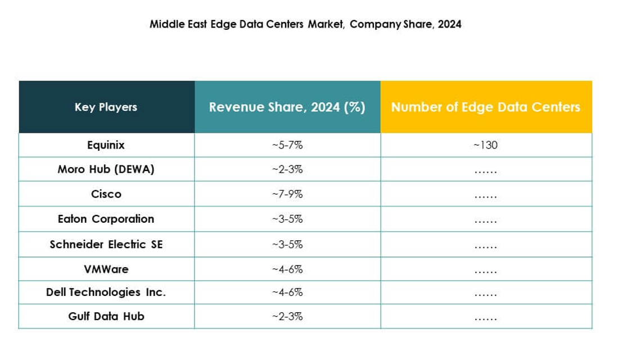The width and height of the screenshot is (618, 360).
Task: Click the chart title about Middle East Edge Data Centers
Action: (x=305, y=25)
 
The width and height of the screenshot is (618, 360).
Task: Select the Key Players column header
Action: (x=106, y=107)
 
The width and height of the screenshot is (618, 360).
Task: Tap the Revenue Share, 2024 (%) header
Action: (x=287, y=107)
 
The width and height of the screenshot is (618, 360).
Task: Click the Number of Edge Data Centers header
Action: (x=485, y=107)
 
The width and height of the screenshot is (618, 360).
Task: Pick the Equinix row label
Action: (x=106, y=145)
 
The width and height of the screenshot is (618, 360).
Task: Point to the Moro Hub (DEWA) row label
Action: (x=106, y=169)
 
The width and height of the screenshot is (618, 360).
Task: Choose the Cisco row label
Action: (x=106, y=194)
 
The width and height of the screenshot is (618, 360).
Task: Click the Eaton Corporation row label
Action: (x=106, y=219)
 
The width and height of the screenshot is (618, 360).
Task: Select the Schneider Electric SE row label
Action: (x=106, y=244)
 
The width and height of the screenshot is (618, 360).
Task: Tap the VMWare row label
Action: (x=106, y=269)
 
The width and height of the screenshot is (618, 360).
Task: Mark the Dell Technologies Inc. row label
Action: (x=106, y=292)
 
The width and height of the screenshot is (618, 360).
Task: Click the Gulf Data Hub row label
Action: (x=106, y=316)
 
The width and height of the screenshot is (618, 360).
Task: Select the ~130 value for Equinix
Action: (x=485, y=145)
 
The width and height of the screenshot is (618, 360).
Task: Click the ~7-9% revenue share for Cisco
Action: (x=287, y=194)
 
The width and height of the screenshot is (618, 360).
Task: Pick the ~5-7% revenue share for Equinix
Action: (x=287, y=145)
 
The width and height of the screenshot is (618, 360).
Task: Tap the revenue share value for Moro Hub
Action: (x=287, y=169)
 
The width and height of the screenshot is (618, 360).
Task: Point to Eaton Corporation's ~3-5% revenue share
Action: (x=287, y=219)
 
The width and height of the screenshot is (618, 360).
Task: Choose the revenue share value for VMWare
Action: (x=287, y=269)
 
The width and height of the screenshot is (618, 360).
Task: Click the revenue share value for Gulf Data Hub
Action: (x=287, y=316)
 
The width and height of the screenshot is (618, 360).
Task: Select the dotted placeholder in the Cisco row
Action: (x=485, y=196)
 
